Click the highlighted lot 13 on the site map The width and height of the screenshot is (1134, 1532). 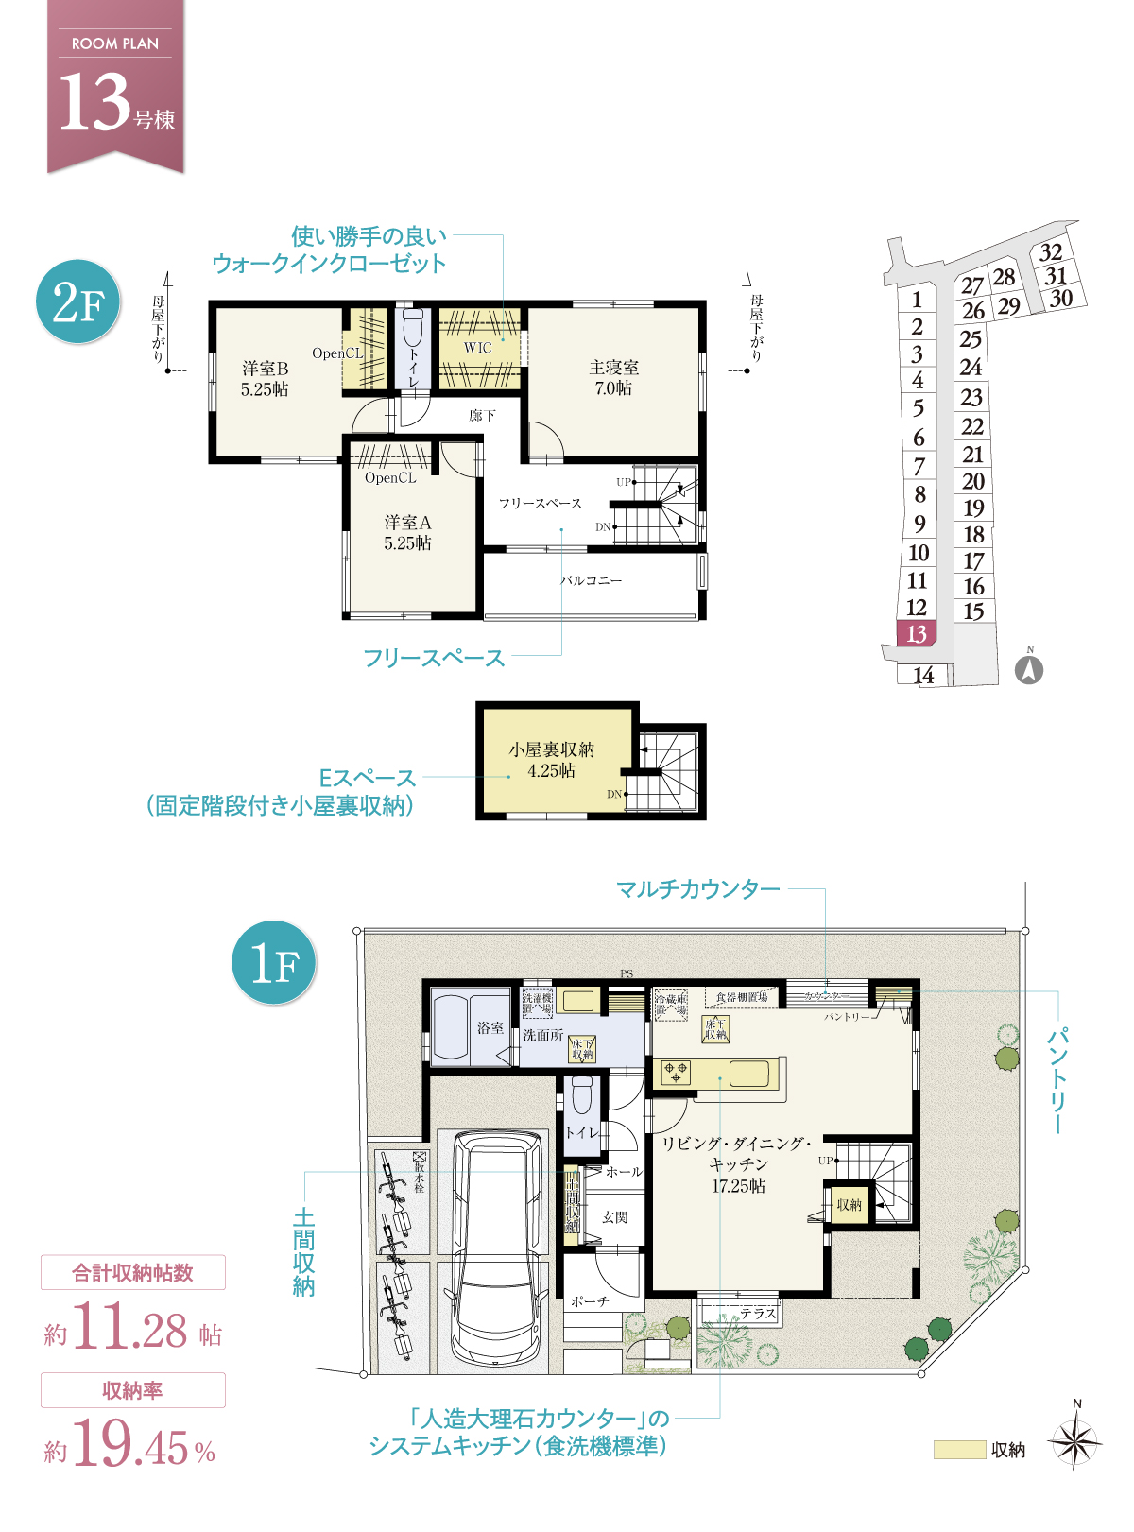click(916, 633)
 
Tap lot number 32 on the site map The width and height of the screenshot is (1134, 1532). click(1051, 252)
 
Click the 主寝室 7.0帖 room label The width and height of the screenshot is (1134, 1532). click(613, 377)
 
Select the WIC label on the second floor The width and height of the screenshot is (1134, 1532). click(478, 348)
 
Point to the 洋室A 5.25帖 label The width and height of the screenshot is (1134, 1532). click(407, 532)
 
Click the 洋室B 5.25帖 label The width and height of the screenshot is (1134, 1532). click(265, 378)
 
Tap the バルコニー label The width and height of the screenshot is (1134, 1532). click(592, 580)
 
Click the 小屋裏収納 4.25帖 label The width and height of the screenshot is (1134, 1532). click(552, 760)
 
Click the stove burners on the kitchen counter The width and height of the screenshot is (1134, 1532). click(677, 1072)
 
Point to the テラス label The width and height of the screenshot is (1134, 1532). click(758, 1313)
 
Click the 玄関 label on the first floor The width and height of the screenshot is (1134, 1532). click(614, 1217)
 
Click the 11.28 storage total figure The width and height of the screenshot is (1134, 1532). click(130, 1327)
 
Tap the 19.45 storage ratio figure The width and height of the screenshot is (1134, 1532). click(131, 1444)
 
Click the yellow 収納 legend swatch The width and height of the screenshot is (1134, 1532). click(958, 1450)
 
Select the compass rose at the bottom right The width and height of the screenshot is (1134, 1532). click(1075, 1443)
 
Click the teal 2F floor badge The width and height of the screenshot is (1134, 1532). click(78, 301)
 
